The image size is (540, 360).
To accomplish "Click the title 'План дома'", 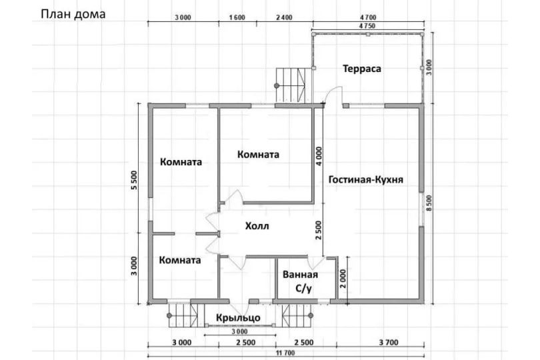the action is [73, 14].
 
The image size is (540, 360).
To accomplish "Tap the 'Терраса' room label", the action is [362, 69].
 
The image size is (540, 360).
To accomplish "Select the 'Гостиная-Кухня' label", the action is [366, 179].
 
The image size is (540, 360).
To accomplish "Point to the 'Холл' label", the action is [257, 226].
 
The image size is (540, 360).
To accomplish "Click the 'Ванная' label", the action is [300, 275].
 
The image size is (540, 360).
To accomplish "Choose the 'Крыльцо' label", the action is [238, 317].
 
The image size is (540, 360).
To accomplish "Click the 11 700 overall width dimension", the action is [285, 353].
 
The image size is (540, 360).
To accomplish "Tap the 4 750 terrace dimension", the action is [367, 26].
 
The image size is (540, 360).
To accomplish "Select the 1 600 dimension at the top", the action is [237, 17].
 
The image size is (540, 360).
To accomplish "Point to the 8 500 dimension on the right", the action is [429, 203].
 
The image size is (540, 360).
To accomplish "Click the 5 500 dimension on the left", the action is [134, 180].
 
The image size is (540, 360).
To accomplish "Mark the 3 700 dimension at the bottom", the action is [389, 343].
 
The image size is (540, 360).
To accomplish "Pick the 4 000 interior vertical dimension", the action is [319, 156].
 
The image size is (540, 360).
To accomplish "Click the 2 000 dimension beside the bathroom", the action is [344, 279].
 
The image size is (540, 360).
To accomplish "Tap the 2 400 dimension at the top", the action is [284, 17].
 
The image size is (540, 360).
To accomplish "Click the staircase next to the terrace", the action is [291, 85].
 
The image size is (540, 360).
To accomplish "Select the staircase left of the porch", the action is [183, 315].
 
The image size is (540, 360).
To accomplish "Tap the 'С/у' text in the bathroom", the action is [303, 289].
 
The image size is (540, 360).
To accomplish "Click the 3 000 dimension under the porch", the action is [239, 332].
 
